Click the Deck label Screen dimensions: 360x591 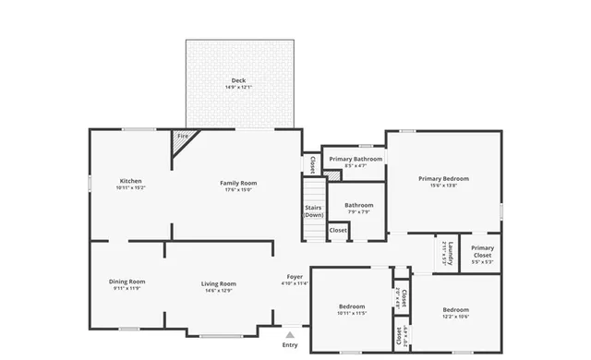(x=238, y=81)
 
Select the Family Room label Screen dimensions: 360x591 (x=236, y=183)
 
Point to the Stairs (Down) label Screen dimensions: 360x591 (x=313, y=211)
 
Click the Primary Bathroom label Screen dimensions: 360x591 (x=356, y=159)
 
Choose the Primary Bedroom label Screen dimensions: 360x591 (x=443, y=178)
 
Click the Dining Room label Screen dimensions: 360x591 (x=127, y=282)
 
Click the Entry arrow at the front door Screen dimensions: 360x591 (x=290, y=336)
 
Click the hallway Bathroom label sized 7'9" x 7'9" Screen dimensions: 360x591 (x=358, y=205)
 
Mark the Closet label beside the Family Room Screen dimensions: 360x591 (x=312, y=164)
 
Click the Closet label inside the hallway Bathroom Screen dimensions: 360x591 (x=339, y=230)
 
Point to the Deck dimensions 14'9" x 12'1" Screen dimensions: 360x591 (x=238, y=88)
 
